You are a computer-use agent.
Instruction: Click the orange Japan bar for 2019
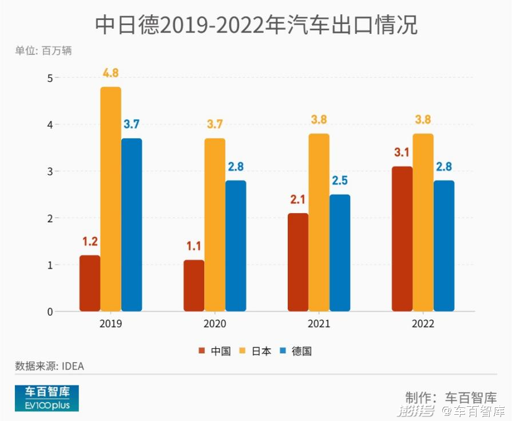click(x=111, y=199)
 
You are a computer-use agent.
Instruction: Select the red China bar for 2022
click(x=402, y=239)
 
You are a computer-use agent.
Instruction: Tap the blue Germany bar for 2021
click(x=340, y=253)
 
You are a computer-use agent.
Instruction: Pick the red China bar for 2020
click(x=194, y=285)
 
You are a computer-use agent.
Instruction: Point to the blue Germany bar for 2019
click(x=132, y=225)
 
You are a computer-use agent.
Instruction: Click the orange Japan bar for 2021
click(x=319, y=222)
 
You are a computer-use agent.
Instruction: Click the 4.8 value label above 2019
click(x=111, y=73)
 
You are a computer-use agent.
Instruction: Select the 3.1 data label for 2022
click(x=402, y=153)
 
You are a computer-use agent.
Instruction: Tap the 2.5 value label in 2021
click(x=340, y=181)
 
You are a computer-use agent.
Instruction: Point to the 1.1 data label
click(x=194, y=247)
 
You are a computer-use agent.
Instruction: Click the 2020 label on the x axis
click(x=215, y=324)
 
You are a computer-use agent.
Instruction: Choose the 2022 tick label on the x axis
click(x=423, y=324)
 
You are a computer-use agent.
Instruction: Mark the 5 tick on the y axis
click(x=49, y=77)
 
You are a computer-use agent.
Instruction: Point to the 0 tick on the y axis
click(x=49, y=312)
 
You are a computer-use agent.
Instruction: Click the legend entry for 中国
click(x=215, y=351)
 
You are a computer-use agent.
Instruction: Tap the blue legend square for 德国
click(x=283, y=351)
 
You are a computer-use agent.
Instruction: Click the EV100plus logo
click(x=47, y=398)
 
